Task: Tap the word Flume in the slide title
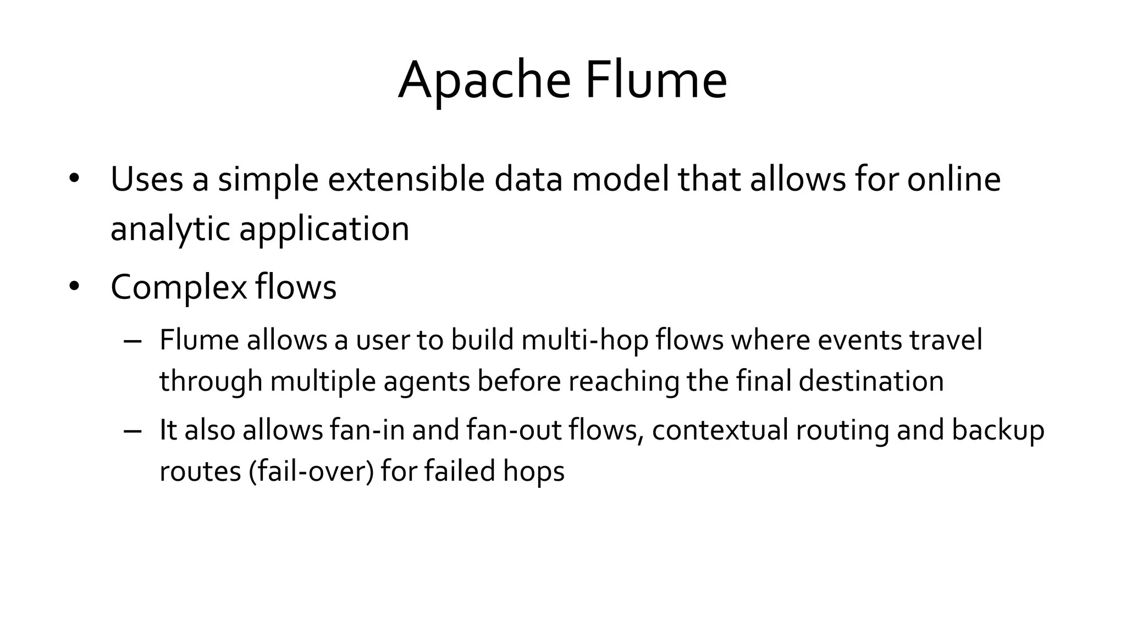[655, 81]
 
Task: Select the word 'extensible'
[406, 179]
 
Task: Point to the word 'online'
[953, 179]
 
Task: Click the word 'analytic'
[170, 229]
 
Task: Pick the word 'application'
[324, 229]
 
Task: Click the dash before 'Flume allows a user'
[133, 341]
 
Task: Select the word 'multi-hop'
[585, 341]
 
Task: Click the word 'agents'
[426, 381]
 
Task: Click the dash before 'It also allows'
[133, 431]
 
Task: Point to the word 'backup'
[997, 431]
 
